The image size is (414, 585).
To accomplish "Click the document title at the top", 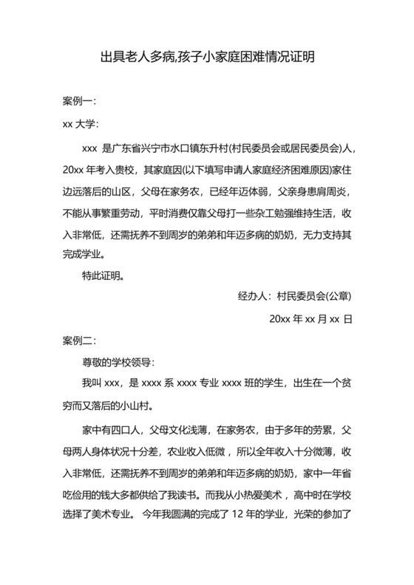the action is (x=207, y=57).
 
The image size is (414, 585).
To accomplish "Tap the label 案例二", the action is (x=79, y=341).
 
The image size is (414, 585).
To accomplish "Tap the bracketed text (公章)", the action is (x=336, y=297).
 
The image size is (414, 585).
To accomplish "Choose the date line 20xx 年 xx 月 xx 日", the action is (x=310, y=319).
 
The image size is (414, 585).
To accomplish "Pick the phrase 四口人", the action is (x=129, y=429).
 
